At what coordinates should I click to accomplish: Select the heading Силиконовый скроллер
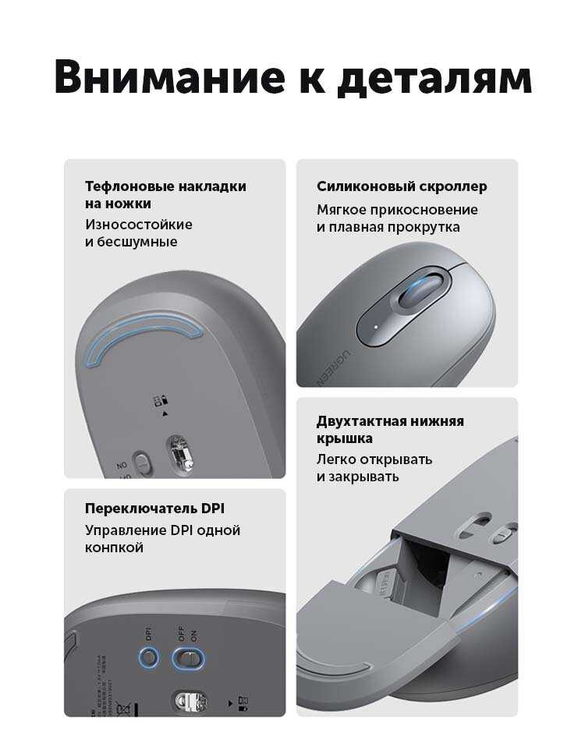point(402,186)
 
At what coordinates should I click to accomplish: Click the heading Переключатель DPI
point(154,509)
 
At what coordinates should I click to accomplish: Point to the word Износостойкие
point(139,224)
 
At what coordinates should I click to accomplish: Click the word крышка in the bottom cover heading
point(345,438)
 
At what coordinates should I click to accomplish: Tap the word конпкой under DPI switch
point(114,548)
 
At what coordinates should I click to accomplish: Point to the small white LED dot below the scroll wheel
point(376,327)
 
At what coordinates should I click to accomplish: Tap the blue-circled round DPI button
point(148,657)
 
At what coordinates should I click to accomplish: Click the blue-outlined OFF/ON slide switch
point(188,658)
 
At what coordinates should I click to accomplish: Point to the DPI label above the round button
point(148,633)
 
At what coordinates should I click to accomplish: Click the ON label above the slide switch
point(193,636)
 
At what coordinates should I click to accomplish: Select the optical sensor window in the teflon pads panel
point(180,454)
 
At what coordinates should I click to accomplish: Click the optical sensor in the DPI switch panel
point(191,701)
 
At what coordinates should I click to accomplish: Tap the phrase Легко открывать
point(374,459)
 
